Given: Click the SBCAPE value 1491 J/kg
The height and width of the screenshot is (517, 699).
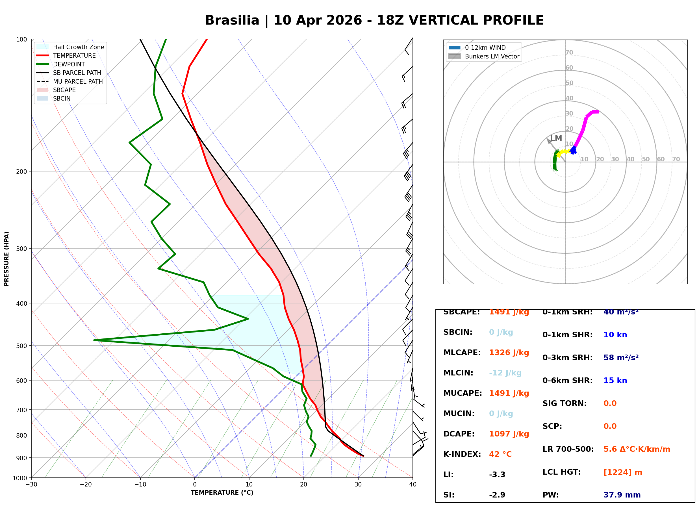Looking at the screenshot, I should click(509, 312).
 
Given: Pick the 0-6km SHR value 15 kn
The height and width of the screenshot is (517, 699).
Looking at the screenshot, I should click(615, 381).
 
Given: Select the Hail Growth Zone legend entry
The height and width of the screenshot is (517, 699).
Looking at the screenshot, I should click(78, 47).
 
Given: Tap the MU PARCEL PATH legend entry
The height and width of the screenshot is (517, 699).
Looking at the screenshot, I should click(78, 81).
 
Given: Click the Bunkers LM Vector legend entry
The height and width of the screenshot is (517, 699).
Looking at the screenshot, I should click(492, 56).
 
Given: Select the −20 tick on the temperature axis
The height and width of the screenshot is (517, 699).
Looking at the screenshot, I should click(86, 485).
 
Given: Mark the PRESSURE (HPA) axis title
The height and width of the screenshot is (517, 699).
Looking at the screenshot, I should click(6, 259).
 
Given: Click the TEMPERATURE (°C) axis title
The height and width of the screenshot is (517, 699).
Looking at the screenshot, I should click(222, 493).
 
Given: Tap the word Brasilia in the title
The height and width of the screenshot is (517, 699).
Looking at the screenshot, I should click(232, 20).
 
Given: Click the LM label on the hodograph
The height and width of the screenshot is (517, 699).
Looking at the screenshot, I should click(556, 138).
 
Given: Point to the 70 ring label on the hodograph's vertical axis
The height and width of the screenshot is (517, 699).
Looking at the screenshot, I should click(569, 53).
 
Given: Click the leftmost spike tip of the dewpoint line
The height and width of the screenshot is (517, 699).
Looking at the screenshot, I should click(94, 340).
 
